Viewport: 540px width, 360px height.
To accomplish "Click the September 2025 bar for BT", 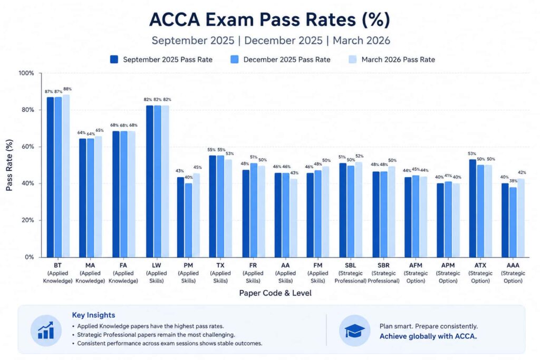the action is pos(50,177).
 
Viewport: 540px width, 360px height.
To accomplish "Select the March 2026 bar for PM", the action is pos(196,215).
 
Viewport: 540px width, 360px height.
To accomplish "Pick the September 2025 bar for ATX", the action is pos(472,208).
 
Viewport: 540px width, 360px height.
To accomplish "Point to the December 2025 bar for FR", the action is pos(254,210).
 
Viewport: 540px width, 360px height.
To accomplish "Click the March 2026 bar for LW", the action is pos(165,181).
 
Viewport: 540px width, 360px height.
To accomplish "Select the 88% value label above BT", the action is pos(67,89).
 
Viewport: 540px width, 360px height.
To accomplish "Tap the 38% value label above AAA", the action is pos(513,181).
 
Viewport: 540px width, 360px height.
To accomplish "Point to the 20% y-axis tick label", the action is pos(27,220).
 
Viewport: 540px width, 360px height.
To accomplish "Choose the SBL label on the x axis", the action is pos(350,265).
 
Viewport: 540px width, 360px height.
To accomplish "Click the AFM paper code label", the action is pos(416,265).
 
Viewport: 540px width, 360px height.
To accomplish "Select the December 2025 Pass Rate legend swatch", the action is pos(235,59).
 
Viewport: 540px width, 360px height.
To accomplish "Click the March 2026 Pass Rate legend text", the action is pos(398,60).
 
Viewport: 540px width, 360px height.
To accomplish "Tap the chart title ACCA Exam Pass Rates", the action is pos(270,20).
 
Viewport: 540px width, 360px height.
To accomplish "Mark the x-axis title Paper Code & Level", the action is pos(275,293).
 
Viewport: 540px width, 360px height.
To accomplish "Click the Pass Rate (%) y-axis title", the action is pos(9,165).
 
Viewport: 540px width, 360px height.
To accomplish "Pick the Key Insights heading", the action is pos(93,315).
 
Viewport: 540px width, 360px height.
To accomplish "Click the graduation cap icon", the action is pos(355,330).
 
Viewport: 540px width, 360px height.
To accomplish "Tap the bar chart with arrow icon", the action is pos(46,330).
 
